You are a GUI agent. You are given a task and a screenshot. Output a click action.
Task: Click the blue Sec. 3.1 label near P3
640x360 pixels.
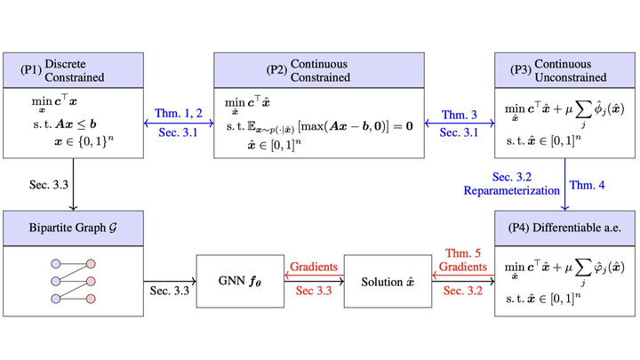[x=460, y=132]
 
